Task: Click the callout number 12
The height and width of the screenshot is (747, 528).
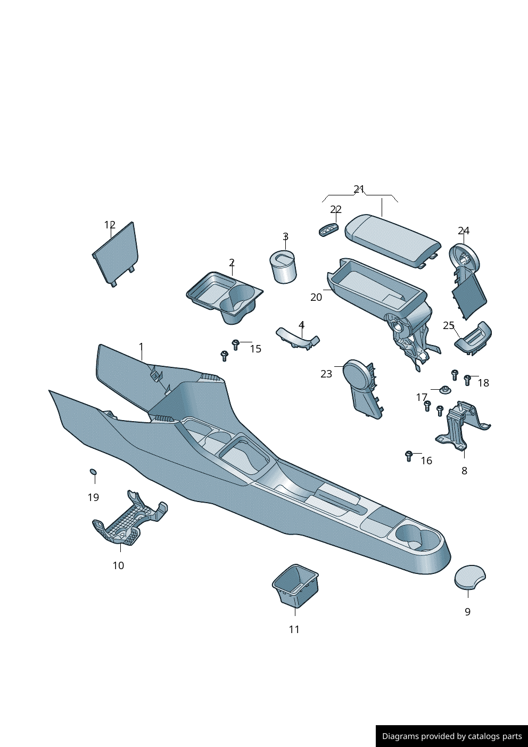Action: point(110,225)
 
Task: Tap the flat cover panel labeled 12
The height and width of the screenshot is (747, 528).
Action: point(115,254)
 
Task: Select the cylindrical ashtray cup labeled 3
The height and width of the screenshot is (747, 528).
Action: point(283,267)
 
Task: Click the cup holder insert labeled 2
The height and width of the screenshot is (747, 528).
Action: point(225,297)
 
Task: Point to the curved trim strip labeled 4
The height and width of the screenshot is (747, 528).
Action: point(298,338)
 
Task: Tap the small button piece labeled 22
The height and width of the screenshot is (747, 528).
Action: point(328,230)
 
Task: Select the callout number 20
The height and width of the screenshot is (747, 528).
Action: point(316,297)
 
